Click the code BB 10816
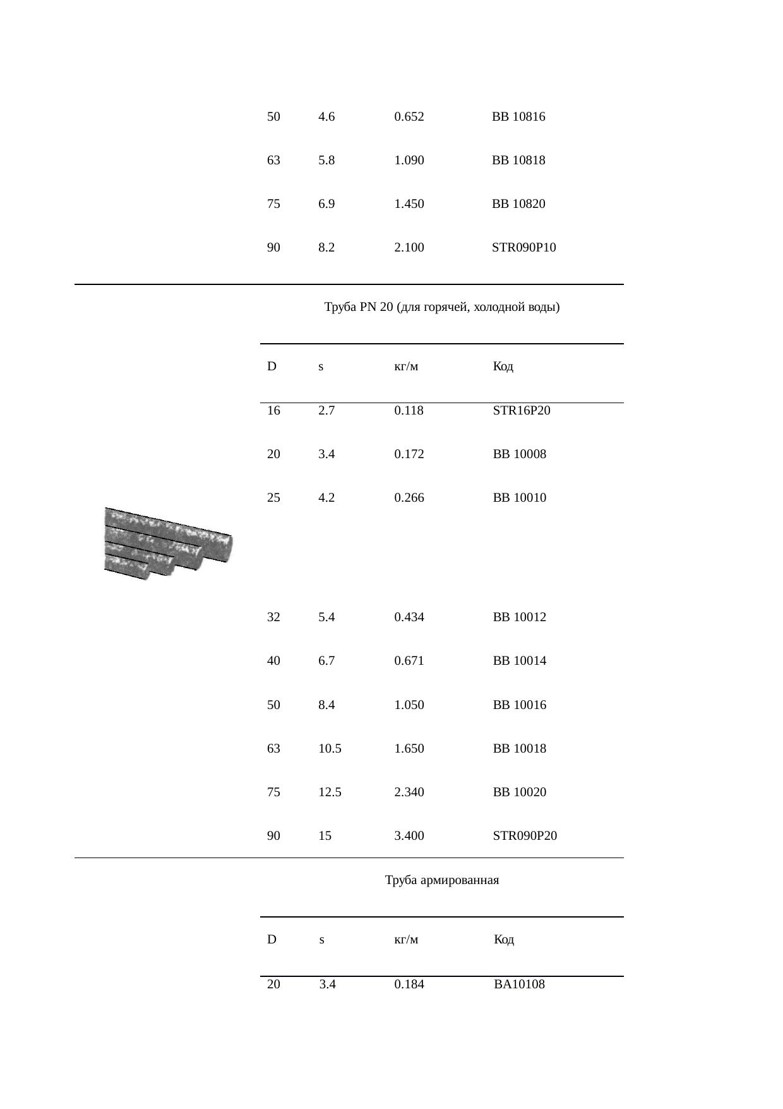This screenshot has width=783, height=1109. click(x=518, y=117)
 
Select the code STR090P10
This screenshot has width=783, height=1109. click(x=523, y=248)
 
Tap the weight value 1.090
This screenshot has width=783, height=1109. click(x=409, y=161)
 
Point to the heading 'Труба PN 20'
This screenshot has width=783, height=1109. click(x=441, y=308)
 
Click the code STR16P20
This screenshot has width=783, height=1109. click(x=521, y=411)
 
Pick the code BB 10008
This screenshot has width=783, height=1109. click(x=519, y=454)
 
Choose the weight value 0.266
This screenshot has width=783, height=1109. click(x=409, y=498)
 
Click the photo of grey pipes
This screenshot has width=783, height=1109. click(x=168, y=543)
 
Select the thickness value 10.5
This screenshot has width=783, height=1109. click(x=330, y=749)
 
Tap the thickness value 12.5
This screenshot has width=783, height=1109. click(x=330, y=792)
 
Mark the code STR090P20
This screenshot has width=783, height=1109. click(x=525, y=836)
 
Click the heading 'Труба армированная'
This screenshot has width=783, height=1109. click(x=441, y=880)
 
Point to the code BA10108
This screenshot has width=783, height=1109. click(x=519, y=984)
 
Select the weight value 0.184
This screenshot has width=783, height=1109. click(x=409, y=984)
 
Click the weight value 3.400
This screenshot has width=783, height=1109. click(x=409, y=836)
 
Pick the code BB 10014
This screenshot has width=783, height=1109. click(x=519, y=661)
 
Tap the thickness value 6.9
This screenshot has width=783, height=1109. click(x=326, y=204)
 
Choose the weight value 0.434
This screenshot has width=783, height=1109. click(x=409, y=617)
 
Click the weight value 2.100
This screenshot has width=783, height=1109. click(x=409, y=248)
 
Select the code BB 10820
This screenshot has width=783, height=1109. click(x=518, y=204)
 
